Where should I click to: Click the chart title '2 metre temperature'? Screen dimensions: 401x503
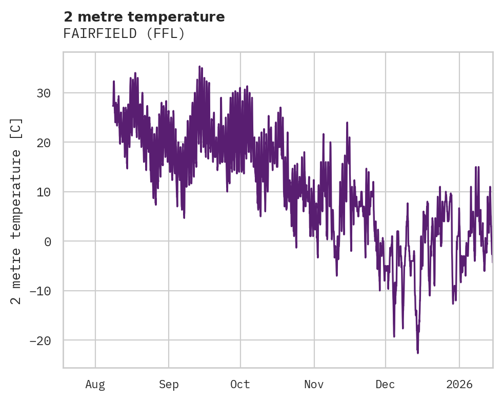144,17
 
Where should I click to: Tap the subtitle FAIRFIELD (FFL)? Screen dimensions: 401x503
124,34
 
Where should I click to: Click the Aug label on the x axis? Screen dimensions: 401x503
95,384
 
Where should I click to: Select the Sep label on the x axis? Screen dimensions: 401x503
169,384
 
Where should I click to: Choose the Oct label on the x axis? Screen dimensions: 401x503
240,384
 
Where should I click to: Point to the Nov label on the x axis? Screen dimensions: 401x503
314,384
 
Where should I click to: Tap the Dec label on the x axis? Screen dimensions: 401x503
385,384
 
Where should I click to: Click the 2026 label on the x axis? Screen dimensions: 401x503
459,384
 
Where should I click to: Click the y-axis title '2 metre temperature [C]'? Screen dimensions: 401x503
16,211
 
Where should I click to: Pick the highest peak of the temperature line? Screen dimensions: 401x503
200,66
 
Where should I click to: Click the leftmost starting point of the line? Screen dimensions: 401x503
113,106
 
